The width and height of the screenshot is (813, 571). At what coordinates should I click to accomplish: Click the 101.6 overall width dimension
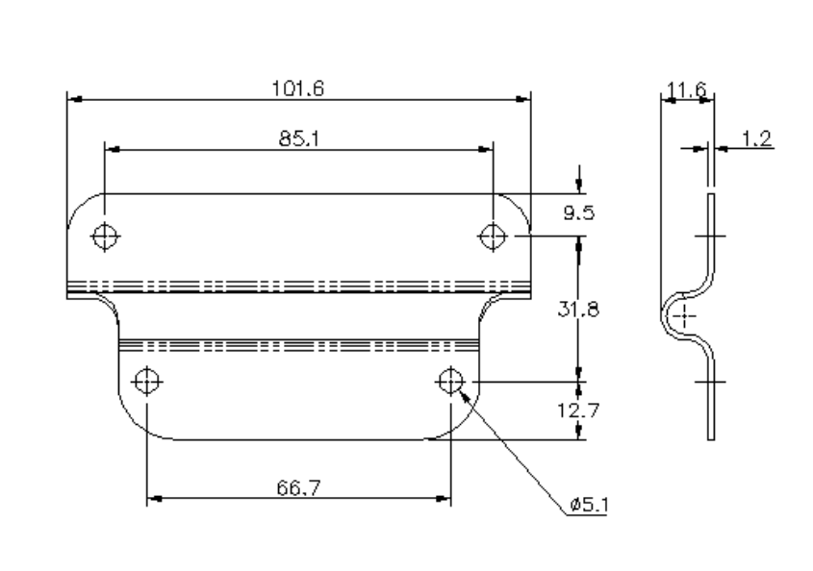point(298,87)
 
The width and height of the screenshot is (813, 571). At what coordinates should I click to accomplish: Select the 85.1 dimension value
point(298,139)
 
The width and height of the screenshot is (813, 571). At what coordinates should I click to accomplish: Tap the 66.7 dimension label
point(298,488)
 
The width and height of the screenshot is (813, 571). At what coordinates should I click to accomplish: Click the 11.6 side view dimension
point(687,91)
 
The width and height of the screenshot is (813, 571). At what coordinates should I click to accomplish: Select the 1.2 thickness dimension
point(758,140)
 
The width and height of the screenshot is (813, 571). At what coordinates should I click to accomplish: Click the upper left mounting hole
point(105,236)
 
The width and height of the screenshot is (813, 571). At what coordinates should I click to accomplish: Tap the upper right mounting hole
point(493,236)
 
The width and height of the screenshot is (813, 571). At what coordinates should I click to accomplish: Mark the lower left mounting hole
point(146,382)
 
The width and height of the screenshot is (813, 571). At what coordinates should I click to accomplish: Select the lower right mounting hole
point(449,382)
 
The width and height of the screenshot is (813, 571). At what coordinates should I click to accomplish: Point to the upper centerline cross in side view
point(709,236)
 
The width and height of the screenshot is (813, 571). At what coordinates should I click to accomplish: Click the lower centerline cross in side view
point(709,382)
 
